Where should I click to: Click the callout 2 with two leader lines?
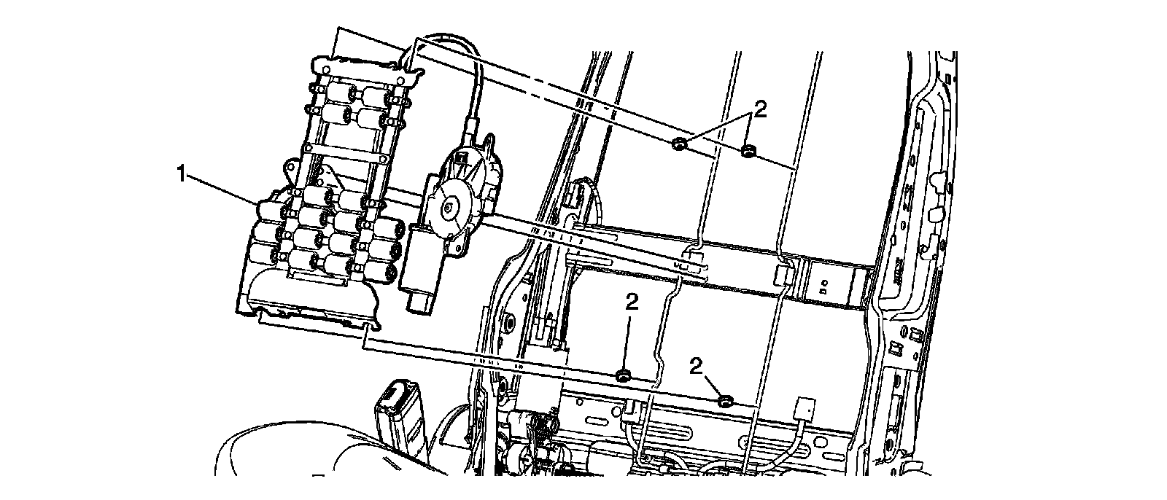[761, 109]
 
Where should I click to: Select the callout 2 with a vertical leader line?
[632, 302]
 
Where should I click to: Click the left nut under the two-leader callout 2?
[678, 144]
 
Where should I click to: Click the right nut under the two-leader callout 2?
[748, 152]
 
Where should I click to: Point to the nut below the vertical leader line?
[624, 376]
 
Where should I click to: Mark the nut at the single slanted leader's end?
[726, 401]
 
